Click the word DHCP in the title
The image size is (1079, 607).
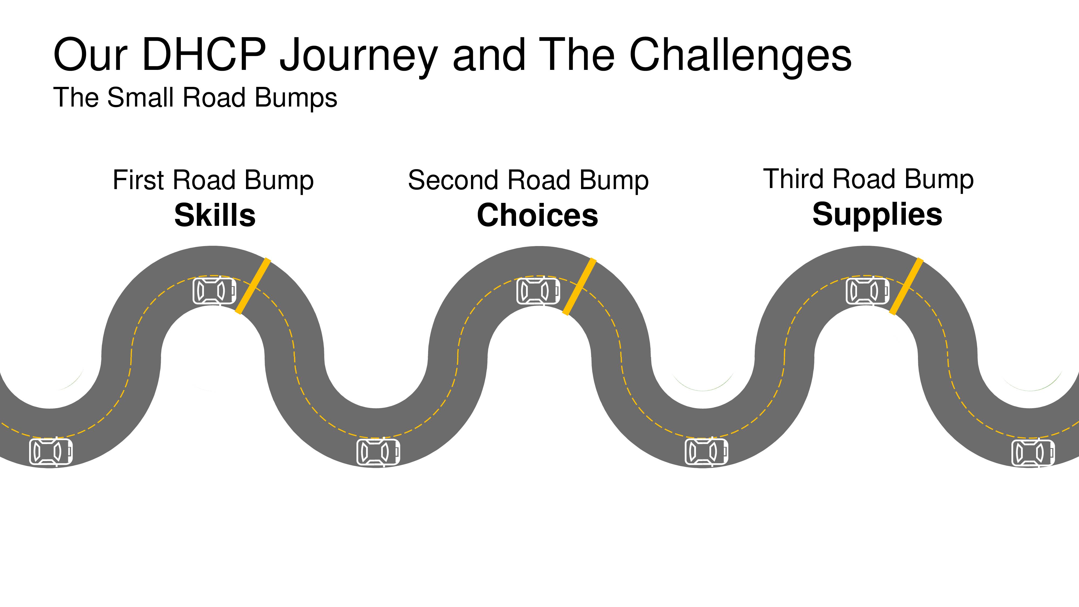click(204, 54)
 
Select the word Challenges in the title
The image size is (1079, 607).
click(740, 57)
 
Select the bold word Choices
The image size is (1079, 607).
click(537, 216)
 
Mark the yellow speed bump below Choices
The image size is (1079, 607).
click(579, 286)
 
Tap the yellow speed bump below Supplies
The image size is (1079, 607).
click(906, 286)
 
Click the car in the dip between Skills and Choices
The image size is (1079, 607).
click(378, 452)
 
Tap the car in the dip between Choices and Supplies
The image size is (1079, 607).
click(706, 452)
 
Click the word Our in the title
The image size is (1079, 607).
click(90, 55)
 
